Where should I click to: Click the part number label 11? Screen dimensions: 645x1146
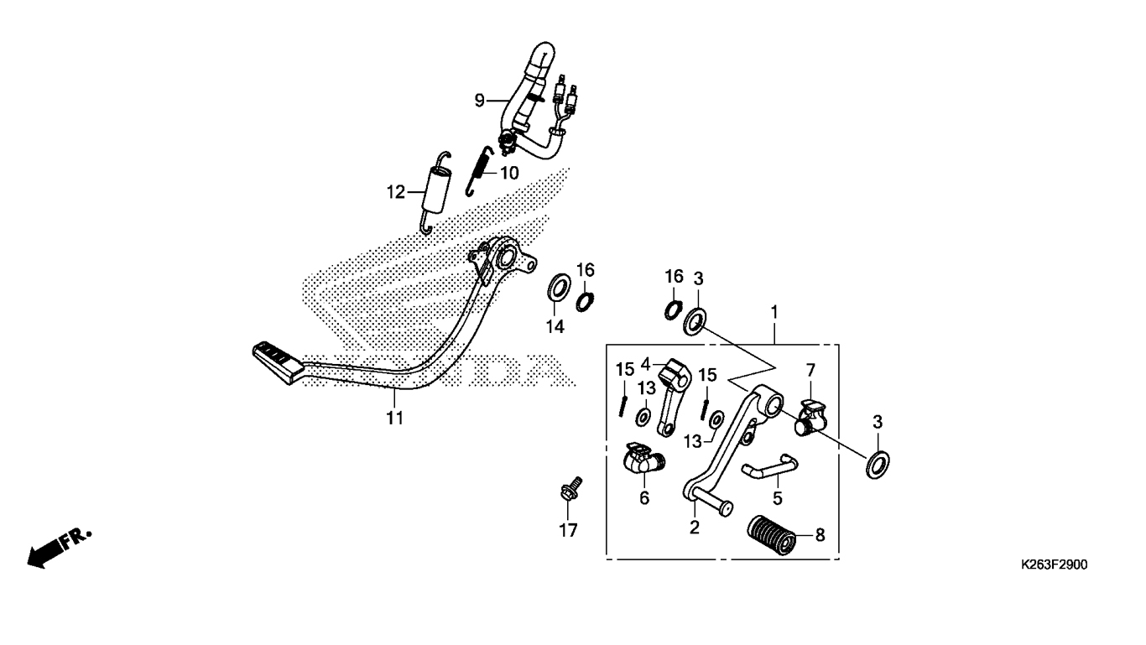point(394,418)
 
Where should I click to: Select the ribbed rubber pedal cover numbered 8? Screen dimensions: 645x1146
point(771,534)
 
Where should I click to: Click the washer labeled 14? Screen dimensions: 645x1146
point(556,288)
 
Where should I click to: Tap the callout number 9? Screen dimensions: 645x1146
point(480,101)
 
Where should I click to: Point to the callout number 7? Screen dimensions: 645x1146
point(810,370)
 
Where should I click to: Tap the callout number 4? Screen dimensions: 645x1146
point(645,364)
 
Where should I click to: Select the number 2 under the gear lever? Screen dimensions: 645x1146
point(695,527)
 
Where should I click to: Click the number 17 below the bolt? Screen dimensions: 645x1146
point(568,530)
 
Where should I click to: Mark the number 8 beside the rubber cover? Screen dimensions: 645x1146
point(820,533)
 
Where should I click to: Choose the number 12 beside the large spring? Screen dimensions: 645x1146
point(396,193)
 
